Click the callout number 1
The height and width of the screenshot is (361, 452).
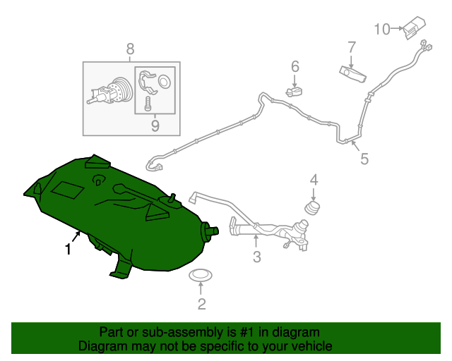[68, 249]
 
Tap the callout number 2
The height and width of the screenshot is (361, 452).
[202, 304]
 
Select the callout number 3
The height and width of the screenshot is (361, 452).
[257, 257]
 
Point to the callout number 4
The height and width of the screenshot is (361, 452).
[314, 180]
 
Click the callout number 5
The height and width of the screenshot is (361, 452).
[364, 159]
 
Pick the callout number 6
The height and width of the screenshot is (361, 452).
[295, 66]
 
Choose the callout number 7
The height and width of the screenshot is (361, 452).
[352, 47]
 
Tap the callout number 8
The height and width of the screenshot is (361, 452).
[130, 49]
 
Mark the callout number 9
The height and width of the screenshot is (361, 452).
[155, 126]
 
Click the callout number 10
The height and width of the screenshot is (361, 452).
[382, 30]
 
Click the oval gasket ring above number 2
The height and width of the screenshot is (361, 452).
[201, 276]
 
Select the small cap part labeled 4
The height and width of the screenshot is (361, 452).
[312, 208]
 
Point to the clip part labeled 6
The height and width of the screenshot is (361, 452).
[294, 92]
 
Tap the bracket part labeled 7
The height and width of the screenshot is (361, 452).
[353, 74]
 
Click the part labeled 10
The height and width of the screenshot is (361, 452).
[414, 27]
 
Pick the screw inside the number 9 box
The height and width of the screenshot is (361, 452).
[148, 104]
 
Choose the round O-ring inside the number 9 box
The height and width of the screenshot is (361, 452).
[165, 81]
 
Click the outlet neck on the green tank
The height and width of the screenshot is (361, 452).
[210, 231]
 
